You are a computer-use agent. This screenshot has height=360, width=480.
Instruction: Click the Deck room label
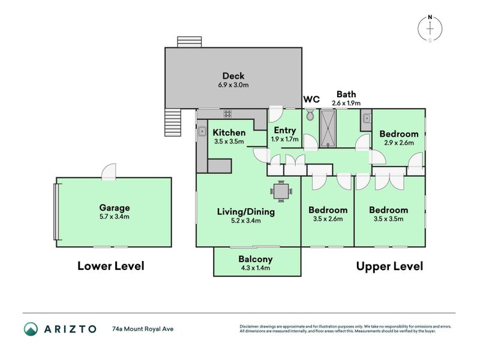pyautogui.click(x=233, y=76)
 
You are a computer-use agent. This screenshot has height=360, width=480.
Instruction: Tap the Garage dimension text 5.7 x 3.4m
pyautogui.click(x=114, y=217)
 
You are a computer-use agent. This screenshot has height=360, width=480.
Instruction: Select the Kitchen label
pyautogui.click(x=229, y=133)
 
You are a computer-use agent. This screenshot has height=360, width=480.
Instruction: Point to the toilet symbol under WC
pyautogui.click(x=310, y=115)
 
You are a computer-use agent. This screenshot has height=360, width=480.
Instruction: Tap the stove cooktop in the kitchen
pyautogui.click(x=228, y=113)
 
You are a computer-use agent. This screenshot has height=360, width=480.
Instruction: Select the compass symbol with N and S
pyautogui.click(x=430, y=29)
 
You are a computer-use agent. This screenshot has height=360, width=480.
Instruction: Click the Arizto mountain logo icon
pyautogui.click(x=31, y=329)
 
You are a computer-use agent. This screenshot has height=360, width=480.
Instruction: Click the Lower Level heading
pyautogui.click(x=110, y=266)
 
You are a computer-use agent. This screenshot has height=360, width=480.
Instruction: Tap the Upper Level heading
pyautogui.click(x=389, y=266)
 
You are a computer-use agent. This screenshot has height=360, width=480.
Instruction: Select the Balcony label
pyautogui.click(x=256, y=259)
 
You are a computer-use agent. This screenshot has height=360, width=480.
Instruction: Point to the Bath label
pyautogui.click(x=346, y=94)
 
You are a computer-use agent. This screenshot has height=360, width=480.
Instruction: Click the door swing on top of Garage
pyautogui.click(x=109, y=172)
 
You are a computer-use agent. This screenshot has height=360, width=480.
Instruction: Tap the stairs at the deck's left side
pyautogui.click(x=172, y=124)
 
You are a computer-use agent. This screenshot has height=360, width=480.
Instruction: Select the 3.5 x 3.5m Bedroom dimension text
pyautogui.click(x=388, y=220)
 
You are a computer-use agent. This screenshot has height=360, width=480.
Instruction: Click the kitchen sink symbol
pyautogui.click(x=202, y=131)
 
